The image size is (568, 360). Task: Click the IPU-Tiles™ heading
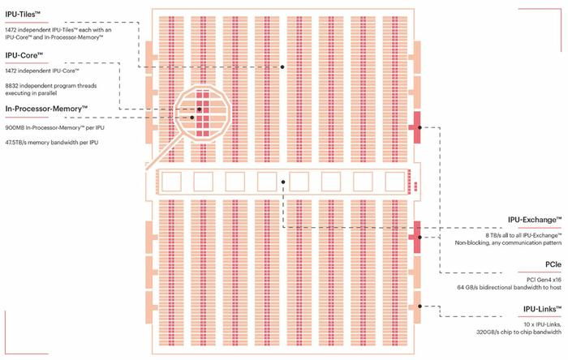[23, 15]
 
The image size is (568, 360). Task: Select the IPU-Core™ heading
[24, 55]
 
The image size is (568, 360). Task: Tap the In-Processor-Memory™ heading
[46, 109]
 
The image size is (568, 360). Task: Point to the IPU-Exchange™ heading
[535, 220]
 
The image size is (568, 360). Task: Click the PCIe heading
[553, 264]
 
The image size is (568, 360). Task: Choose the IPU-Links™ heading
[542, 309]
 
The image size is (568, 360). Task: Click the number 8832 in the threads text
[11, 86]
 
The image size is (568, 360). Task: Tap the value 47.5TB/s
[15, 143]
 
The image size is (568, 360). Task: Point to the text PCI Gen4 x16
[544, 280]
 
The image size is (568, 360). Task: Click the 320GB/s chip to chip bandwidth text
[519, 332]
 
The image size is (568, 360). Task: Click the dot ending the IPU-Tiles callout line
[282, 67]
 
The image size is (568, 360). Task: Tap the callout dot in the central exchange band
[283, 182]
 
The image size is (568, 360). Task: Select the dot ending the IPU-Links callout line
[420, 306]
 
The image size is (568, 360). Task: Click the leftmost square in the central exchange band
[171, 182]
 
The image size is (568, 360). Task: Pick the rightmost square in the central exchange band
[395, 182]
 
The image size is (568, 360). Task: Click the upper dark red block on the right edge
[415, 127]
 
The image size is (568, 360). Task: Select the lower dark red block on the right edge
[415, 237]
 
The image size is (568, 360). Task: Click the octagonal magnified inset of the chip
[203, 114]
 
